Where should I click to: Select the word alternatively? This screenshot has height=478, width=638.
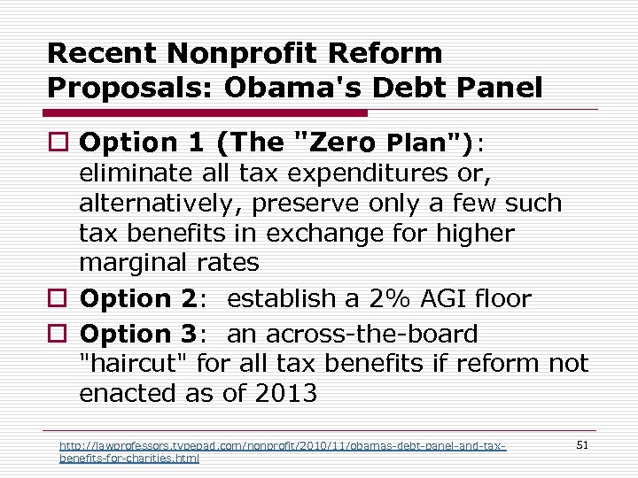point(159,203)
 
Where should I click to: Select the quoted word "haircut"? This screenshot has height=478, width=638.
point(134,363)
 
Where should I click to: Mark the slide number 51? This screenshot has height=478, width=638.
point(582,445)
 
